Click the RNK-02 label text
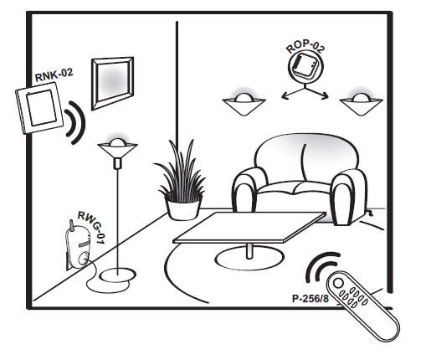pos(54,75)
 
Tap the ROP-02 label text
pos(305,47)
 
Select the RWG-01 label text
pos(91,228)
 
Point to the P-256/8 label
pos(310,299)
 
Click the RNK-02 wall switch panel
pos(39,108)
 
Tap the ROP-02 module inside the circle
pos(305,68)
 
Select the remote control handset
pos(363,306)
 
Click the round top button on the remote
pos(338,283)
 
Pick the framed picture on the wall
pos(113,83)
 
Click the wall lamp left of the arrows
pos(244,104)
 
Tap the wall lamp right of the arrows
pos(361,104)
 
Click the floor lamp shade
pos(117,149)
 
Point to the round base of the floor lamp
pos(118,275)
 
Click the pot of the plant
pos(183,207)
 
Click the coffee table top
pos(249,227)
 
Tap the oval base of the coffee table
pos(249,259)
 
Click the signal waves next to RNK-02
pos(74,122)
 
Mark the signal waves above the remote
pos(321,267)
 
